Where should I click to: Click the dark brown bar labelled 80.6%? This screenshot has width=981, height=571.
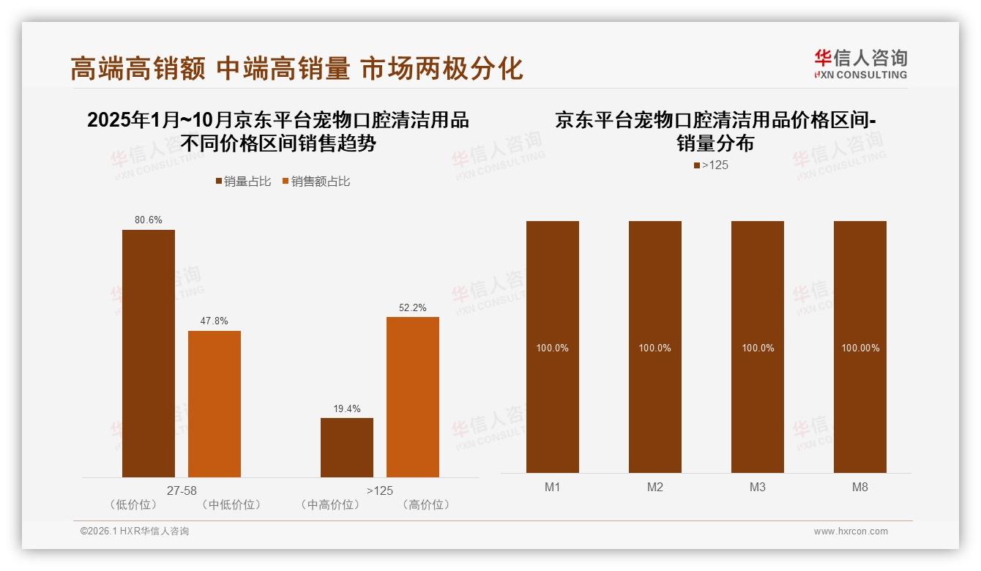coord(149,354)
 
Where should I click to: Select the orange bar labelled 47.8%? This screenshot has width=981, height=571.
coord(215,404)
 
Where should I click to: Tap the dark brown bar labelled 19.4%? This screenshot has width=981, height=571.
coord(347,447)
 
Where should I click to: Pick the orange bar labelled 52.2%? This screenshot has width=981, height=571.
coord(413,397)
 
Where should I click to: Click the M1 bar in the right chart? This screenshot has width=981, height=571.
coord(553,347)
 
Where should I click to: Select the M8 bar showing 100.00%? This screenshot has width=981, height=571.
coord(860,347)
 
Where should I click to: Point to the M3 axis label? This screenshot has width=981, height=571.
coord(758,487)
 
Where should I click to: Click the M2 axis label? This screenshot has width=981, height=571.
coord(655,487)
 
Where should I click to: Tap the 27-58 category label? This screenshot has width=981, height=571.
coord(182,490)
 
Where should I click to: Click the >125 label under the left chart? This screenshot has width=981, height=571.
coord(380,490)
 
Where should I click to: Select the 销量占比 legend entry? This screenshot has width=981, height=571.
coord(243,182)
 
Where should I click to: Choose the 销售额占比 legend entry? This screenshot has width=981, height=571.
coord(316,182)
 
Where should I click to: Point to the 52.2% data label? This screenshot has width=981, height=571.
coord(413,308)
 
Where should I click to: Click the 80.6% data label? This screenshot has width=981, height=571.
coord(149,220)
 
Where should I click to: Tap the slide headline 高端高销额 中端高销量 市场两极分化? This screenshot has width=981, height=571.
coord(296,68)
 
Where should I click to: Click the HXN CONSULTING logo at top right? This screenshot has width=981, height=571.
coord(861,64)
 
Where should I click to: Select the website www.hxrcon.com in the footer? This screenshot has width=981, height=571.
coord(851,531)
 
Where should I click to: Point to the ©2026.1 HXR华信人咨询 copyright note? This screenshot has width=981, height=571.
coord(135,531)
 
